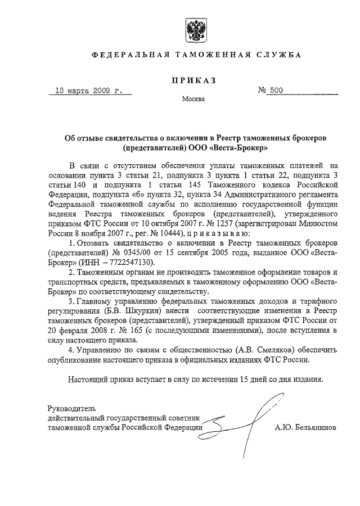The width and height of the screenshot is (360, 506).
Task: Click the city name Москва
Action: [x=193, y=100]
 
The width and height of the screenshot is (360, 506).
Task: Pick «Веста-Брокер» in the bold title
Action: [x=244, y=148]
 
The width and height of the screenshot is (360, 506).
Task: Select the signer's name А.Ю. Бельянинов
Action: [x=306, y=427]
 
